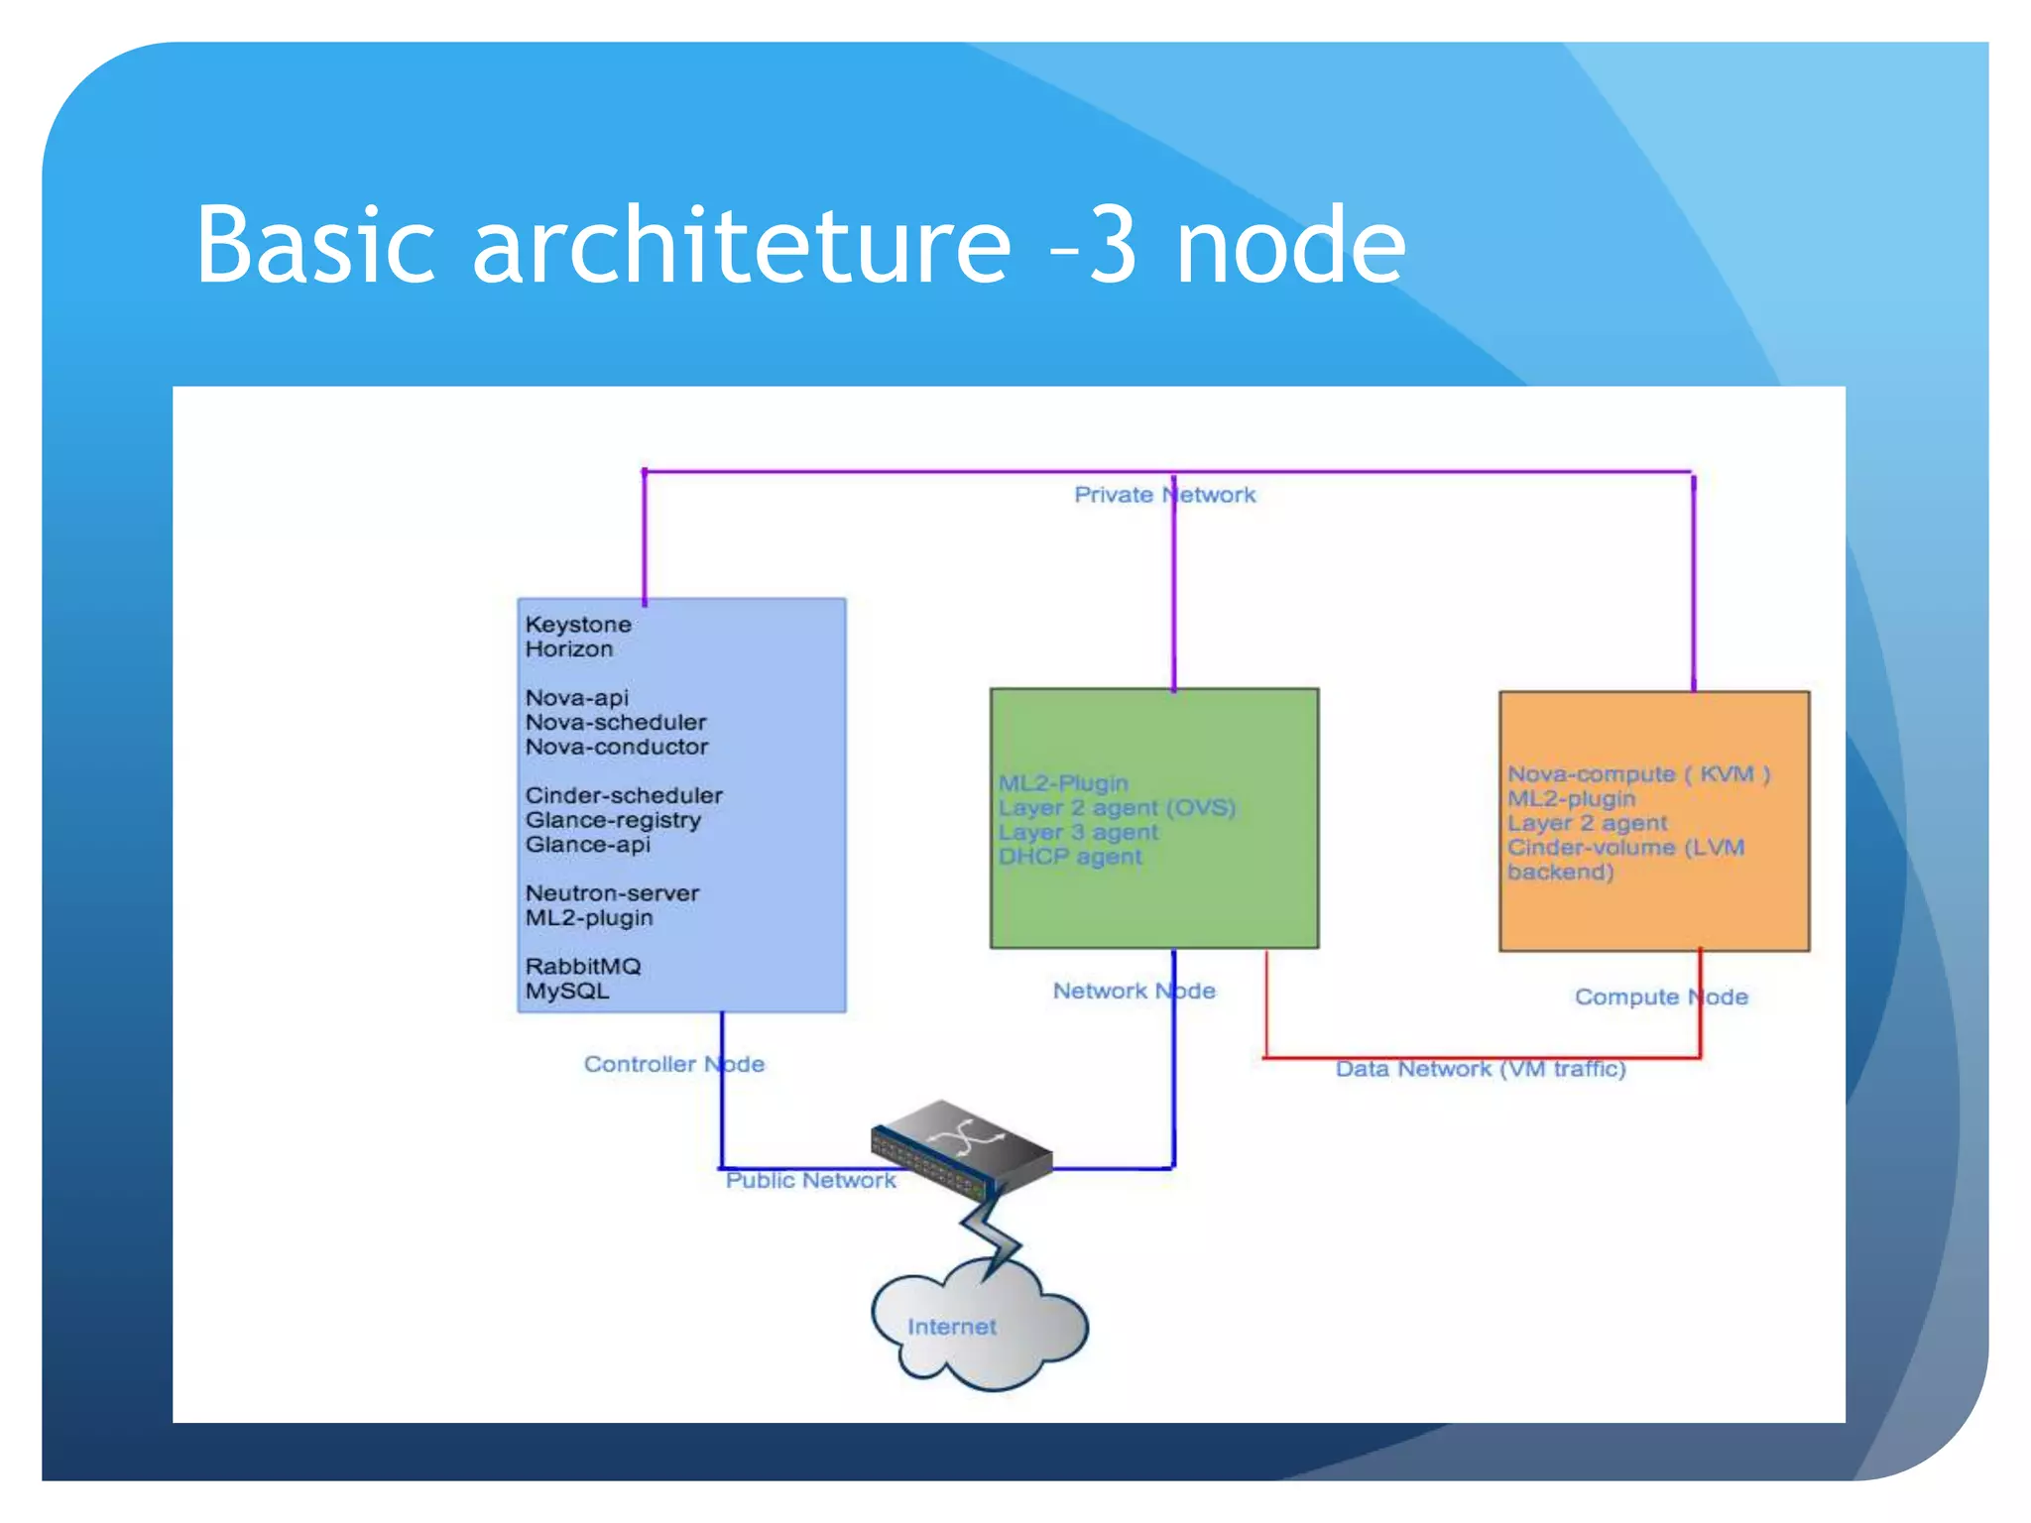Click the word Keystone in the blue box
point(578,625)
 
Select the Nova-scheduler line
point(616,723)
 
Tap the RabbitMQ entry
point(583,967)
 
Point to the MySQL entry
point(567,992)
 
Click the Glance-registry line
point(613,821)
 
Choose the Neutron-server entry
point(612,893)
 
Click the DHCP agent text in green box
point(1070,857)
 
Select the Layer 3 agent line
point(1078,833)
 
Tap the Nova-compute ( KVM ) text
point(1638,774)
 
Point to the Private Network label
point(1164,495)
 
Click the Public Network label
point(810,1181)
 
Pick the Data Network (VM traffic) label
point(1480,1070)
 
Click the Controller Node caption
point(673,1065)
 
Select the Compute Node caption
point(1661,997)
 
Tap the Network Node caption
point(1134,992)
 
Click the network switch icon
point(960,1149)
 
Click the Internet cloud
point(977,1329)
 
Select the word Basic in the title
point(315,245)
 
